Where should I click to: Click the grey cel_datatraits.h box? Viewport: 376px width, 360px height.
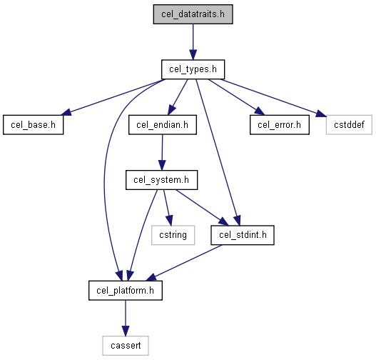[x=193, y=14]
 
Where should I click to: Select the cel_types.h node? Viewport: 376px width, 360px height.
[x=193, y=69]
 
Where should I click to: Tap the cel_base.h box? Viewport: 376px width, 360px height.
[x=34, y=125]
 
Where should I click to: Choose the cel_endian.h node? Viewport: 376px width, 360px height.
[x=163, y=125]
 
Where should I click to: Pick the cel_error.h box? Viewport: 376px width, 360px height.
[x=280, y=125]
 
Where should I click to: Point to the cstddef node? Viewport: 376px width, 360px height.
[x=349, y=125]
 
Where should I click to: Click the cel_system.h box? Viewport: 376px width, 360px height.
[x=162, y=180]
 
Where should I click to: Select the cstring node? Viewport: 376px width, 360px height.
[x=173, y=235]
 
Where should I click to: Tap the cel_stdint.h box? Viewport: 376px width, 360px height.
[x=243, y=235]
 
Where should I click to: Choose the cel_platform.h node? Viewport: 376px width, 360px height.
[x=126, y=291]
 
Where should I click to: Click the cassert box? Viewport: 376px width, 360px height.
[x=126, y=346]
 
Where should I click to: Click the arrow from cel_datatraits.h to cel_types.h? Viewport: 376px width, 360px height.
[x=193, y=41]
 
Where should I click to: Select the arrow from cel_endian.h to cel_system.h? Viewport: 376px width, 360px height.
[x=162, y=152]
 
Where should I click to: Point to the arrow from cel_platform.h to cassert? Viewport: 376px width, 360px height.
[x=126, y=318]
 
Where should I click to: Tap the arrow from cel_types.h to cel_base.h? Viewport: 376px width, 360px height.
[x=112, y=98]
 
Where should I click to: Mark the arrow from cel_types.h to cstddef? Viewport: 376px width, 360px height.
[x=273, y=98]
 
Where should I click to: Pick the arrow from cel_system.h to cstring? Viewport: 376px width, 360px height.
[x=168, y=208]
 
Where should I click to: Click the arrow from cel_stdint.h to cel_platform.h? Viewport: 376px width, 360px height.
[x=183, y=263]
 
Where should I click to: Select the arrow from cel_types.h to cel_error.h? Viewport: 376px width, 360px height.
[x=236, y=97]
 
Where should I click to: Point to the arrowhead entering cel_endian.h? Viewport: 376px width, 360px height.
[x=171, y=110]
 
